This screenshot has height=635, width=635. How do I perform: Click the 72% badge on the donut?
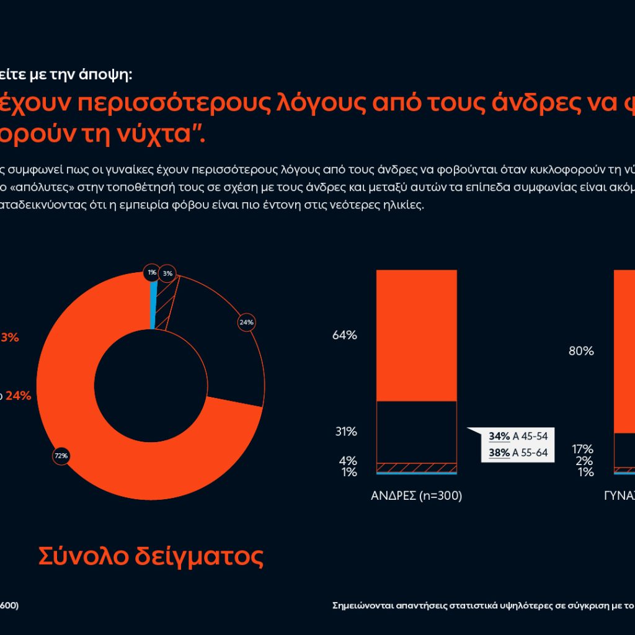click(x=61, y=456)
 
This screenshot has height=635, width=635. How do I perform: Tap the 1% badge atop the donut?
click(x=152, y=272)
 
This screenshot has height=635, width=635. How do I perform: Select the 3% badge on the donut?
click(x=167, y=273)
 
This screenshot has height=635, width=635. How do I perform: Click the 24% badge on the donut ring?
click(x=246, y=322)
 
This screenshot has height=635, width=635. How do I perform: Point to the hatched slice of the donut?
click(x=165, y=307)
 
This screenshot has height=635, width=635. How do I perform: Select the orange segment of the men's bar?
click(x=417, y=335)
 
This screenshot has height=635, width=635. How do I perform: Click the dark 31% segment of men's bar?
click(x=417, y=432)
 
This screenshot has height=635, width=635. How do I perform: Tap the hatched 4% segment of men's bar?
click(x=417, y=467)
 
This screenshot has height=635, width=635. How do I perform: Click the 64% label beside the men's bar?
click(x=345, y=335)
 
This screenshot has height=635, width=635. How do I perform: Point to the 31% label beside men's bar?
click(x=346, y=432)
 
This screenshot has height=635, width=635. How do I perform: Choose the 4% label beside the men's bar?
click(x=348, y=461)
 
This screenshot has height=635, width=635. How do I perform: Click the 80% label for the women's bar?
click(x=581, y=352)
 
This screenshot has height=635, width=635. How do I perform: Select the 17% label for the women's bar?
click(x=583, y=449)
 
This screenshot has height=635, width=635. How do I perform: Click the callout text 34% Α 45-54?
click(x=518, y=436)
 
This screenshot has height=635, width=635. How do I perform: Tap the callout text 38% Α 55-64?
click(x=518, y=453)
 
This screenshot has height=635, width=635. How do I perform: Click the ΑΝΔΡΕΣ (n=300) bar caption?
click(x=417, y=496)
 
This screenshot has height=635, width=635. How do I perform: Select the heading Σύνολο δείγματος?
click(x=151, y=556)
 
